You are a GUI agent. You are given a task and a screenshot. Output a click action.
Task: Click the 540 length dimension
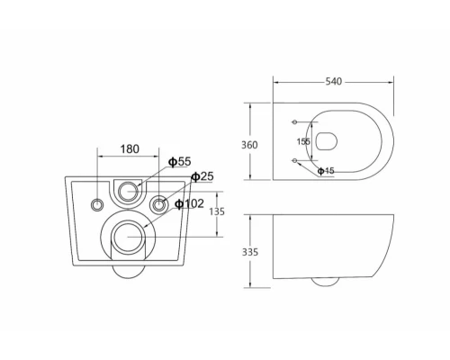pos(334,82)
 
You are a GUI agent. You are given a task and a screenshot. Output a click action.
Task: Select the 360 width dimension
pos(249,145)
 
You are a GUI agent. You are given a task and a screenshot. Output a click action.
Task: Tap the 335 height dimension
pos(250,252)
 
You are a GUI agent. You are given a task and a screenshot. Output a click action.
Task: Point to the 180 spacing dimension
pos(130,149)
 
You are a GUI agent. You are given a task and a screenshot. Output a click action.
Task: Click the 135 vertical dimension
pos(217,211)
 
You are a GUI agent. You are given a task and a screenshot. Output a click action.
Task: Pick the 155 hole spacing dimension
pos(303,141)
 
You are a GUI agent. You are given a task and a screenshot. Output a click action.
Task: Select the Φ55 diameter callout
pos(179,162)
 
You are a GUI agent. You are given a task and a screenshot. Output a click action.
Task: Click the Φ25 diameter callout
pos(202,176)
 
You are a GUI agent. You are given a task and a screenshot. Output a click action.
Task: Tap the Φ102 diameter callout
pos(189,204)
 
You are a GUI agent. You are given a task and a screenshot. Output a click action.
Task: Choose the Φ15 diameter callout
pos(326,171)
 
